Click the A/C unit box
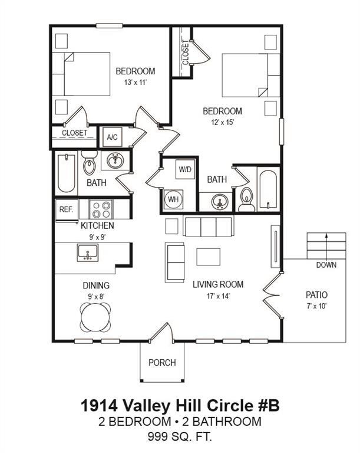coord(112,137)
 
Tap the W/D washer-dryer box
coord(185,169)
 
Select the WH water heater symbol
coord(174,199)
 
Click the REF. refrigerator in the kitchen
coord(65,209)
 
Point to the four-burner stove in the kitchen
coord(101,209)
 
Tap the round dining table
coord(95,317)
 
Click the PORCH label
coord(161,362)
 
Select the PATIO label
coord(316,294)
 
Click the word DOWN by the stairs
coord(326,265)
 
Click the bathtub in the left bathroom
coord(67,173)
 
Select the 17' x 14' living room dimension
coord(218,296)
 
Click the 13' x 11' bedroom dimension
coord(135,83)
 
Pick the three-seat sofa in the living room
coord(208,226)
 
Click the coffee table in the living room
coord(208,257)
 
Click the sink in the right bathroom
coord(220,202)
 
